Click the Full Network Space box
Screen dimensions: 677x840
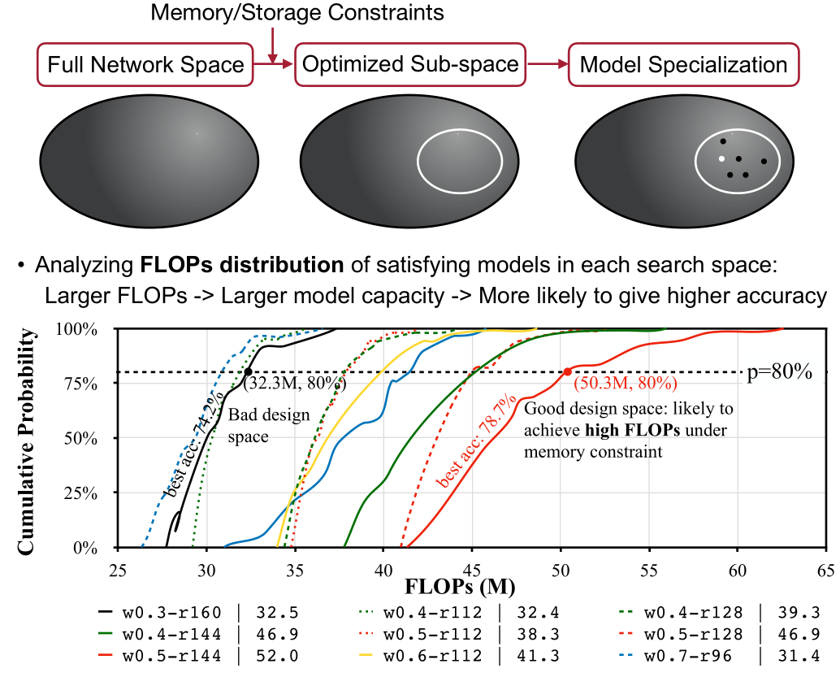(146, 65)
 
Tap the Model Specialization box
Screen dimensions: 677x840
(684, 65)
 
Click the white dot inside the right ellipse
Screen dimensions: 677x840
(721, 158)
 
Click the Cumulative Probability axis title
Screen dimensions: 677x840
(27, 439)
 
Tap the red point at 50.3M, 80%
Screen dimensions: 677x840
(567, 372)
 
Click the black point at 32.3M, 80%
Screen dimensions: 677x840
(247, 372)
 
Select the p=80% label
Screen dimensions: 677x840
(779, 372)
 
